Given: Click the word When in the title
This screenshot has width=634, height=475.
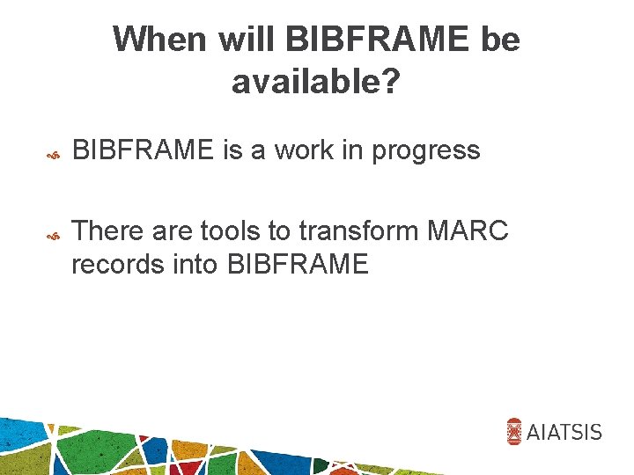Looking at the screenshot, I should tap(158, 40).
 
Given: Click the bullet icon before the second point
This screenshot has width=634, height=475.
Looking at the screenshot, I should tap(52, 236).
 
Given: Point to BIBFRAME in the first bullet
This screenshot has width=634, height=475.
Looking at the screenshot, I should tap(143, 151).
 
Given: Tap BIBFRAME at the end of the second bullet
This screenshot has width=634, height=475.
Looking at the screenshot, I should tap(299, 263).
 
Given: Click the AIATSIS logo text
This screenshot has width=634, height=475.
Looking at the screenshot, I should tap(565, 432).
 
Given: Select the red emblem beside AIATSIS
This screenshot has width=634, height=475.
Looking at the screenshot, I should tap(515, 431).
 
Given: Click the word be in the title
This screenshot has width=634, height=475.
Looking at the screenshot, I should tap(500, 40).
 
